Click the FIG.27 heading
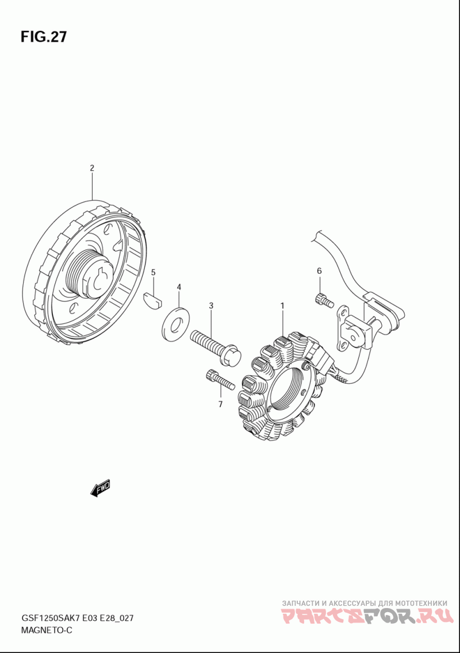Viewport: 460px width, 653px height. pos(44,37)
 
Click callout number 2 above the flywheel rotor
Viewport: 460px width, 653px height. pos(91,168)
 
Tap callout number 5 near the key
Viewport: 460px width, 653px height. pos(153,272)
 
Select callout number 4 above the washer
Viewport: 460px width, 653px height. pos(179,287)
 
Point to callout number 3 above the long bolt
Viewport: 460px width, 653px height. pos(211,305)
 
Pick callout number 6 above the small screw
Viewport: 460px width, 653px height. pos(319,270)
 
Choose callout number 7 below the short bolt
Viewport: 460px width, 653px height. pos(220,404)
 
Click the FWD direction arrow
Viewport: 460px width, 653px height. pos(100,488)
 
